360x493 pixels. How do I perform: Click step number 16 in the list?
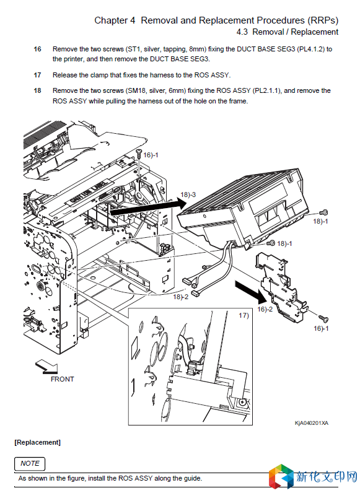click(x=37, y=49)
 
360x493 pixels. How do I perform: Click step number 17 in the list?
click(x=37, y=75)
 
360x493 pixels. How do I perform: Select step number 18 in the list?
click(x=37, y=90)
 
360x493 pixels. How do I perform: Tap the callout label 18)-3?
click(x=188, y=194)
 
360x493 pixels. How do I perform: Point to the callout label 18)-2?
click(x=181, y=297)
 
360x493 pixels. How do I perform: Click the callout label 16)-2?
click(x=265, y=310)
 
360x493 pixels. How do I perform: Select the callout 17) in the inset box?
click(x=244, y=315)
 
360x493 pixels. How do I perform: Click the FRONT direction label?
click(x=63, y=379)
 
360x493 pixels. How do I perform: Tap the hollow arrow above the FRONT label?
click(x=46, y=367)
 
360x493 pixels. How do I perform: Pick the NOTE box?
click(x=30, y=463)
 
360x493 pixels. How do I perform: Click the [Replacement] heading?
click(x=37, y=442)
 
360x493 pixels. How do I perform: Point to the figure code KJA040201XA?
click(x=312, y=423)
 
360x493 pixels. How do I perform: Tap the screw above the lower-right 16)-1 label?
click(x=323, y=318)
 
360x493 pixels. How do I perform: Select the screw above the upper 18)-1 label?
click(x=324, y=213)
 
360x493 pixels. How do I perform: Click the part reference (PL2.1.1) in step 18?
click(x=267, y=90)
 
